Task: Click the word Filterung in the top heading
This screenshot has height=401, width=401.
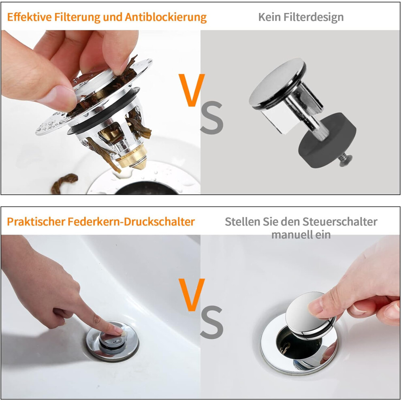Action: [76, 17]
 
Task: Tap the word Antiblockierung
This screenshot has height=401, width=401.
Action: [166, 17]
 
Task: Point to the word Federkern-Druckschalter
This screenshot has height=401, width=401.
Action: [131, 222]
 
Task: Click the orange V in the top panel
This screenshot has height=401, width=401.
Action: [192, 90]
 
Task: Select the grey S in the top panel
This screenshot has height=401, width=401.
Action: [211, 117]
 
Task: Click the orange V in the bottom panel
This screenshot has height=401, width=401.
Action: [192, 294]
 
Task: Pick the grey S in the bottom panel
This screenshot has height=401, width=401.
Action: [211, 322]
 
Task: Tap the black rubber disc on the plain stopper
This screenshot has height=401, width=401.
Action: [327, 141]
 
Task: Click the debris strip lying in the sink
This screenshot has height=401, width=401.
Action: [64, 183]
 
